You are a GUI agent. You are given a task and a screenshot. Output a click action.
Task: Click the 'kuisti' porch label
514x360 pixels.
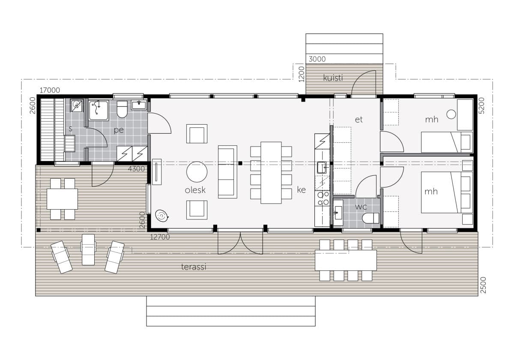(333, 78)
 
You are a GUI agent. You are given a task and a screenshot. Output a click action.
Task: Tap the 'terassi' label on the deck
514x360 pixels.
(194, 267)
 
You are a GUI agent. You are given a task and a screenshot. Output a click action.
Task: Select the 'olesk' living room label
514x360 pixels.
(195, 190)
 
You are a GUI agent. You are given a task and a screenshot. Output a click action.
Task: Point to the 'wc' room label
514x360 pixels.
(361, 207)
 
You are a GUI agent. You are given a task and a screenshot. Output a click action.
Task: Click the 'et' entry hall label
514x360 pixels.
(359, 120)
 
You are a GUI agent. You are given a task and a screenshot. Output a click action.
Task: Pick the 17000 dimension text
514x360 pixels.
(50, 90)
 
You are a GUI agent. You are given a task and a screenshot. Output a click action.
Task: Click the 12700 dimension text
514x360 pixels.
(160, 237)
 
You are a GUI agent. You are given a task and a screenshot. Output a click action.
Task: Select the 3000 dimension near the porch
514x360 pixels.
(317, 59)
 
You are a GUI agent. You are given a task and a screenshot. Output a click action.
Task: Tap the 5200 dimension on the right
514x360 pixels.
(481, 105)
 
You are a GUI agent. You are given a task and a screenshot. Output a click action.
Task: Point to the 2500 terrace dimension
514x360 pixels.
(483, 285)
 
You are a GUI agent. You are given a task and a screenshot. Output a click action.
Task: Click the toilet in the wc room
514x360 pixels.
(371, 218)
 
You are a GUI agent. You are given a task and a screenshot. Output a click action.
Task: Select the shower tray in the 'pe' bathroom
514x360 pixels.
(99, 111)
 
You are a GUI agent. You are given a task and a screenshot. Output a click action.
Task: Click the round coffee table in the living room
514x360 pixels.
(197, 172)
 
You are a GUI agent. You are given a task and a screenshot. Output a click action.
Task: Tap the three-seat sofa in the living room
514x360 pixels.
(227, 172)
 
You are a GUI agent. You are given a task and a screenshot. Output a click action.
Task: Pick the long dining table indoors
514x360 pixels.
(271, 173)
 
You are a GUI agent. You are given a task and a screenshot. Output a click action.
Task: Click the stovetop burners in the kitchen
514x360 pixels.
(323, 198)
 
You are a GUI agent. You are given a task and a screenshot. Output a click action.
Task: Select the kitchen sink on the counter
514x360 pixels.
(322, 168)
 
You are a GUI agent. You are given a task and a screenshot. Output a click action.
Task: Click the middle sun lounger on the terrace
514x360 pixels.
(88, 249)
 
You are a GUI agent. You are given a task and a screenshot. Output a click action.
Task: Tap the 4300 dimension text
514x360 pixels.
(136, 169)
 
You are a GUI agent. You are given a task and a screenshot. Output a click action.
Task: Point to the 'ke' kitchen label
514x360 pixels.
(301, 190)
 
